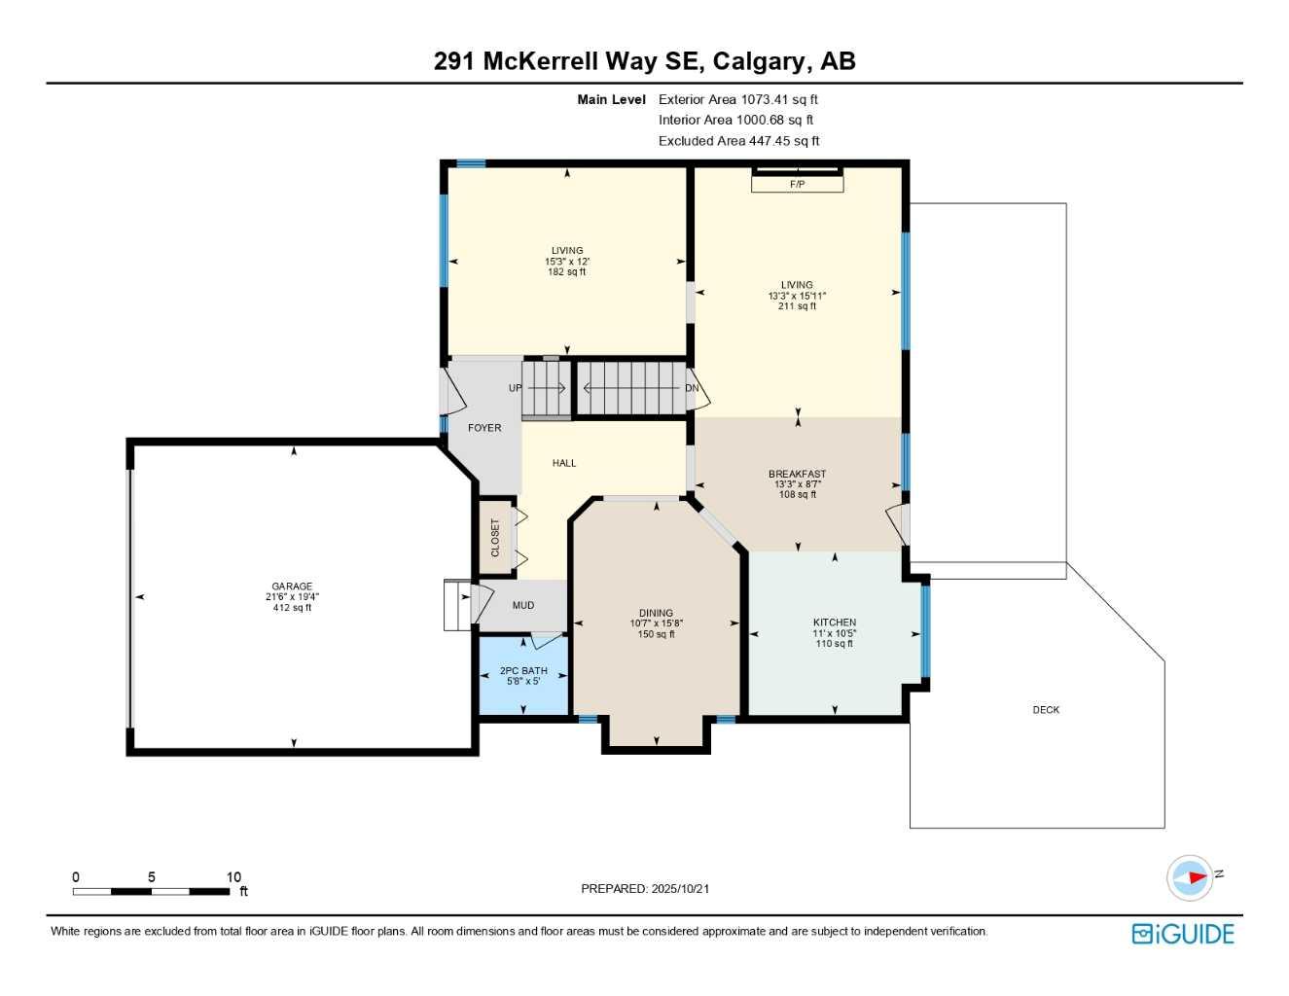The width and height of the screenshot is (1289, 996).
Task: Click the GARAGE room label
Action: point(292,587)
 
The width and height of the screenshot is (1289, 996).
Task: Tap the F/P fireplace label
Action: point(797,184)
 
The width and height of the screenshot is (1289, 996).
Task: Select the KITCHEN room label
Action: point(835,622)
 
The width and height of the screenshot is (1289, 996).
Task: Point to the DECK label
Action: point(1046,710)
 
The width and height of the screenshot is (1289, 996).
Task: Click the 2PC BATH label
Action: point(523,670)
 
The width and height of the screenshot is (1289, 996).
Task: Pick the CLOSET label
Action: point(495,537)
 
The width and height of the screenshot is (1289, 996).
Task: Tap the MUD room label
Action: point(523,605)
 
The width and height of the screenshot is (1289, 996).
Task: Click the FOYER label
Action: point(484,428)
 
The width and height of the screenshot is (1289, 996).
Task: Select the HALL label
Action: point(564,463)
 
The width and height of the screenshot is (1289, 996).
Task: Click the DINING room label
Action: point(656,614)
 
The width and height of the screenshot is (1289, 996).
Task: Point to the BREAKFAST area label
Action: point(797,474)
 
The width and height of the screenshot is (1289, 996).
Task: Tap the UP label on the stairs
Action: point(515,388)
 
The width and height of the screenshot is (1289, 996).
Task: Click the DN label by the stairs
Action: point(692,388)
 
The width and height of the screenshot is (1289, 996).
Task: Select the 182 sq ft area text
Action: point(567,272)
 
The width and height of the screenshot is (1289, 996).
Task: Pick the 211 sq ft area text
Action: point(797,306)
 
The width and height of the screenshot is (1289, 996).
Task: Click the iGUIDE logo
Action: point(1183,934)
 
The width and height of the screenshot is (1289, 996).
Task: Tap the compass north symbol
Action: point(1191,877)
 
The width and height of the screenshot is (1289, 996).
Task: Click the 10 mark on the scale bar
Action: point(233,877)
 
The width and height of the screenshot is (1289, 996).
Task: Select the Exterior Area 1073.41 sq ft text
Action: point(738,99)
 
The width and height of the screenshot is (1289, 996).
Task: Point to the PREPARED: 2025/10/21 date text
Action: point(645,888)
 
